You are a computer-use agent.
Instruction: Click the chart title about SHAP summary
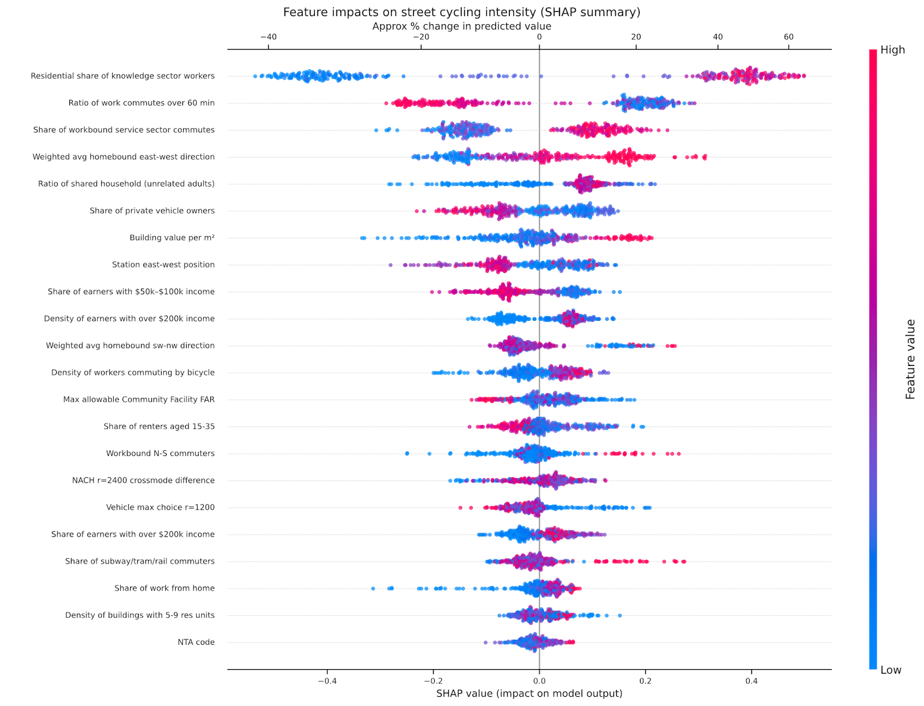coord(461,12)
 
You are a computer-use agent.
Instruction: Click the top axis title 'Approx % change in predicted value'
coord(461,27)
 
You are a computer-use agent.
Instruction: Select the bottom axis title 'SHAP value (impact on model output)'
coord(529,693)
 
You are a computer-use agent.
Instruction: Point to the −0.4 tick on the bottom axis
coord(327,681)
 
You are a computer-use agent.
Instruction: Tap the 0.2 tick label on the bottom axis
coord(645,681)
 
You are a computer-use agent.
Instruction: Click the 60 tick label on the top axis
coord(788,37)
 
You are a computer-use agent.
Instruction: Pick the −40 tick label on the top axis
coord(268,37)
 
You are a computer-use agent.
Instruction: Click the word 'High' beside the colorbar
coord(892,50)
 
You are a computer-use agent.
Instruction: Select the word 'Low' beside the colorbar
coord(891,670)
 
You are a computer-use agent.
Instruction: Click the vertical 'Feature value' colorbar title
coord(910,359)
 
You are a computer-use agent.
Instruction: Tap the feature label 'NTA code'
coord(196,642)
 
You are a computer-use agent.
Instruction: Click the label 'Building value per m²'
coord(172,238)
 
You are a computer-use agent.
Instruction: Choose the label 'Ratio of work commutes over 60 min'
coord(141,103)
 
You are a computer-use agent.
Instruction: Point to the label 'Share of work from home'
coord(164,588)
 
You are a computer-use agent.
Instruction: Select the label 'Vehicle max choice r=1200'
coord(160,507)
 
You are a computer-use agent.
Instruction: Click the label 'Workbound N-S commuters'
coord(160,453)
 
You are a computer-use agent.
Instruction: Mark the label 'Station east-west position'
coord(163,264)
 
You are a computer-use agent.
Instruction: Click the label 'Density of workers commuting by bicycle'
coord(133,372)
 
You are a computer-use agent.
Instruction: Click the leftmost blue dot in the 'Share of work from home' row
coord(372,588)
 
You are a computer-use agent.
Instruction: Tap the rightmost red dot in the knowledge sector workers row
coord(804,76)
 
